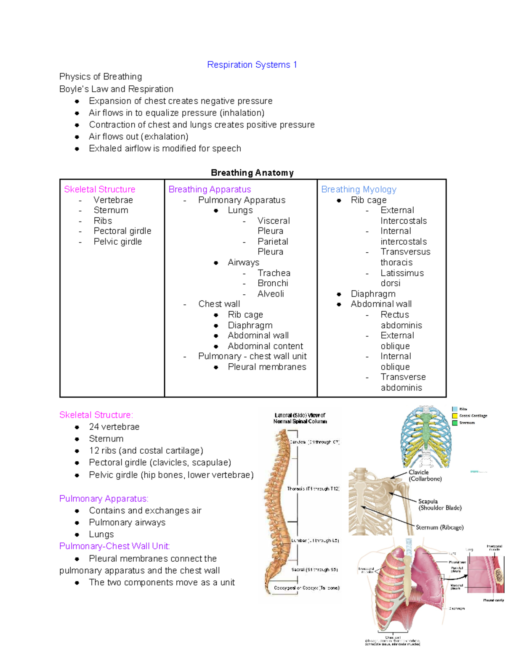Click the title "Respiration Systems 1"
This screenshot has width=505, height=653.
point(252,65)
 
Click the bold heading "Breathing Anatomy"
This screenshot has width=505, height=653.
point(252,173)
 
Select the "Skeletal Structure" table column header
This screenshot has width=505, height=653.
point(100,189)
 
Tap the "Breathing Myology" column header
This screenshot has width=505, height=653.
point(359,189)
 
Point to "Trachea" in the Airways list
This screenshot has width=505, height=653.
point(274,273)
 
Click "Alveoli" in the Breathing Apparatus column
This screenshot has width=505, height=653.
point(271,294)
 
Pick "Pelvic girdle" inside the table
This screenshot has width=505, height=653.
point(117,242)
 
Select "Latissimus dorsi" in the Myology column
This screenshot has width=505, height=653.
point(402,278)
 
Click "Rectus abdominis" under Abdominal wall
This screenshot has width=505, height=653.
point(401,320)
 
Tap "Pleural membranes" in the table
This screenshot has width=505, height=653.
point(267,367)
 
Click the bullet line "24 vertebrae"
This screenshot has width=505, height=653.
point(114,427)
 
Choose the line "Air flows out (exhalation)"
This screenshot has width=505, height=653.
point(138,137)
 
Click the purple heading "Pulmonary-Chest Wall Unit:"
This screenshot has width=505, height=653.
point(114,546)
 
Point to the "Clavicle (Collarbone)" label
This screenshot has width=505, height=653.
point(425,476)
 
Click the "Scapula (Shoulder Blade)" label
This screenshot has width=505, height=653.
point(439,505)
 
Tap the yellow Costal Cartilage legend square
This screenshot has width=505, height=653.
point(454,416)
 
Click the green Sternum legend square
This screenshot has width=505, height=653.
point(454,423)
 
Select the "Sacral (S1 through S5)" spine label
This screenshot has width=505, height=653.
point(314,570)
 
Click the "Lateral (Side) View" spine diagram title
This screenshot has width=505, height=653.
point(300,418)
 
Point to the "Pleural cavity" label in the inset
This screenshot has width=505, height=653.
point(493,600)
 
